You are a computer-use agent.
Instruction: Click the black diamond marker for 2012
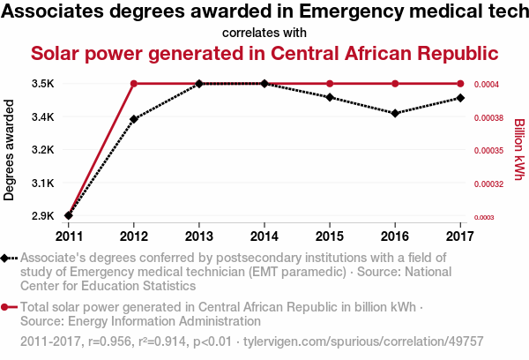pos(134,118)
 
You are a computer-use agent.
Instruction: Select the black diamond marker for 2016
pos(395,113)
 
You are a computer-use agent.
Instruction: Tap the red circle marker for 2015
pos(330,84)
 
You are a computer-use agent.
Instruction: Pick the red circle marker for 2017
pos(460,84)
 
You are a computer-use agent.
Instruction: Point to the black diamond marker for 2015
pos(330,97)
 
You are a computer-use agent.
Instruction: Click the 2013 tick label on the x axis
pos(199,236)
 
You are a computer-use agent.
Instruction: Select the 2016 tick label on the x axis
pos(395,236)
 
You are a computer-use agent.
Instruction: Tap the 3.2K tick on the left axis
pos(43,150)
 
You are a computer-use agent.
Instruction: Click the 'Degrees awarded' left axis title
pos(10,149)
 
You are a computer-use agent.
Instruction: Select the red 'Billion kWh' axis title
pos(518,149)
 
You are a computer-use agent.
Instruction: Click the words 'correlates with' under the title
pos(264,34)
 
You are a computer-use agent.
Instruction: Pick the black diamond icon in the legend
pos(6,258)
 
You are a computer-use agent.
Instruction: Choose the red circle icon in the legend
pos(6,307)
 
